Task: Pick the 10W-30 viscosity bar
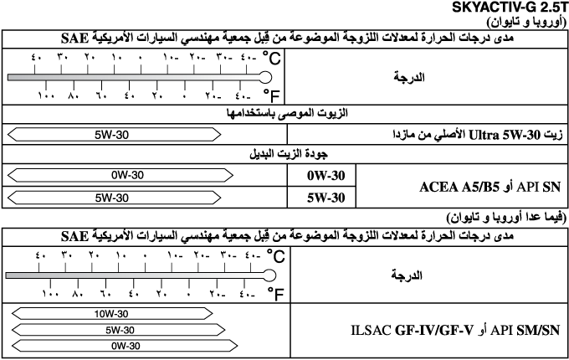(113, 314)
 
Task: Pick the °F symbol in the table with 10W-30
(271, 293)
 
